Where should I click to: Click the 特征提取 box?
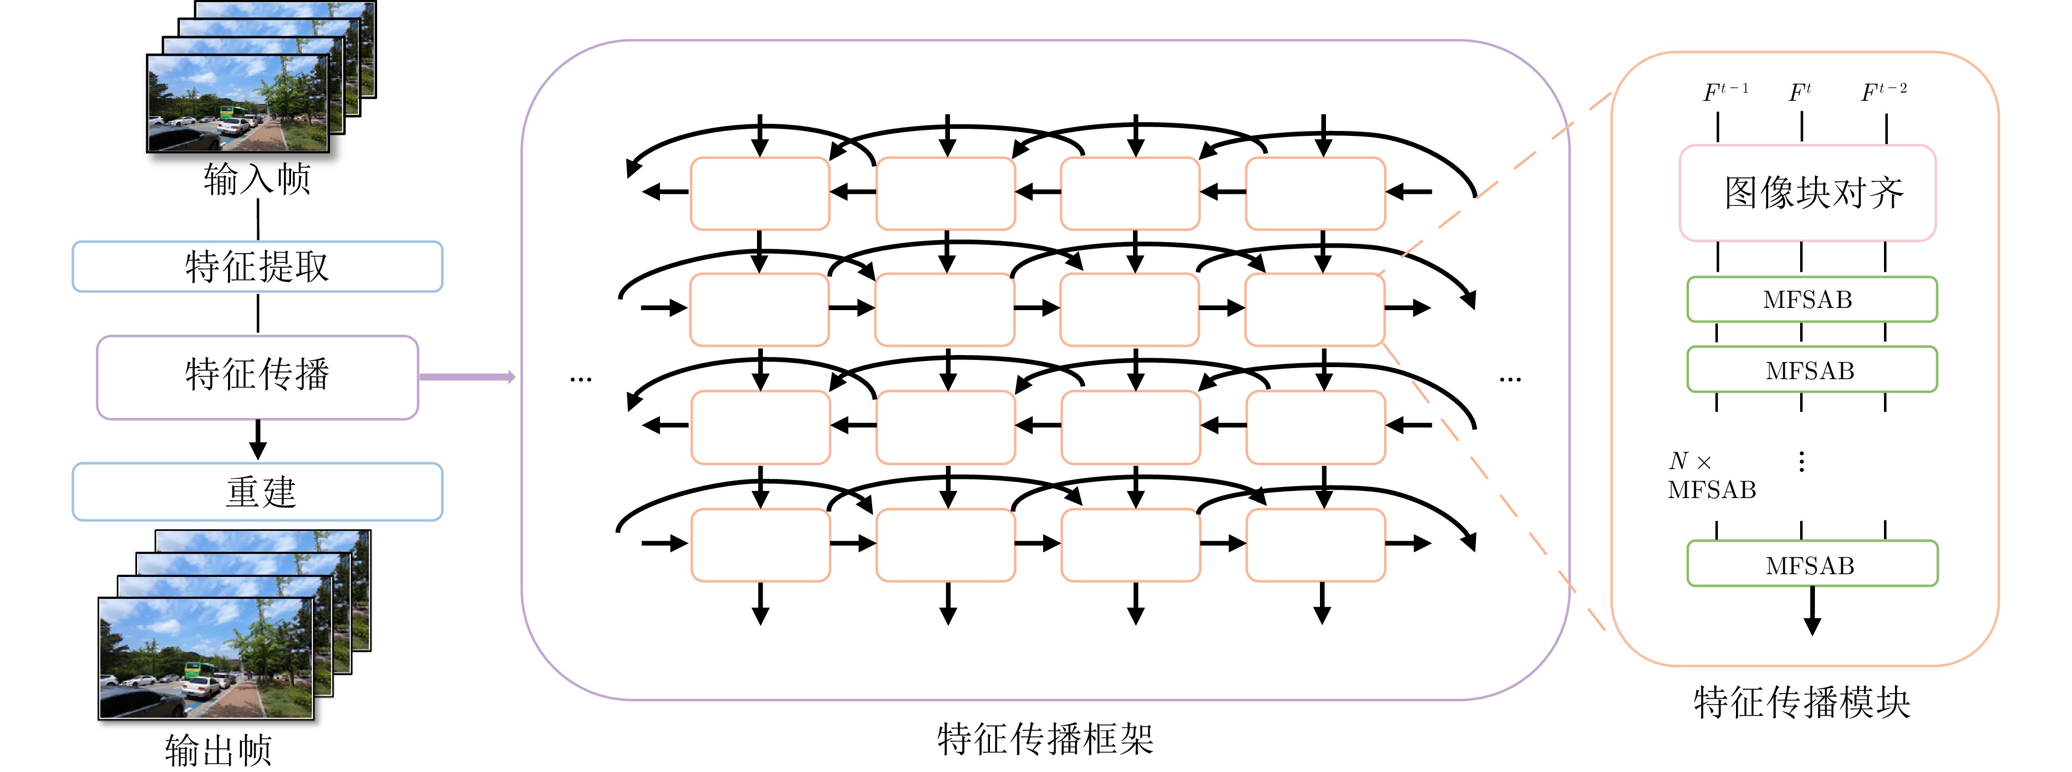coord(258,266)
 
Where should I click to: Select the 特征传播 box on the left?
coord(258,377)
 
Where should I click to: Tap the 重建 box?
coord(258,491)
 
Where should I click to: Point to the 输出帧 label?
coord(218,750)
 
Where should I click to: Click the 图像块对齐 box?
coord(1807,193)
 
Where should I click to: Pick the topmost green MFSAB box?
coord(1812,299)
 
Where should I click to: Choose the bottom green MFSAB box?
coord(1812,564)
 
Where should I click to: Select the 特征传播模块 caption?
coord(1802,702)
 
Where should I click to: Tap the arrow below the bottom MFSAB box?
coord(1812,611)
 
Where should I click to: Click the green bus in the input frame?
coord(234,112)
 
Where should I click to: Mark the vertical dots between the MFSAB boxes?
coord(1802,461)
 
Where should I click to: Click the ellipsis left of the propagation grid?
coord(580,379)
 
